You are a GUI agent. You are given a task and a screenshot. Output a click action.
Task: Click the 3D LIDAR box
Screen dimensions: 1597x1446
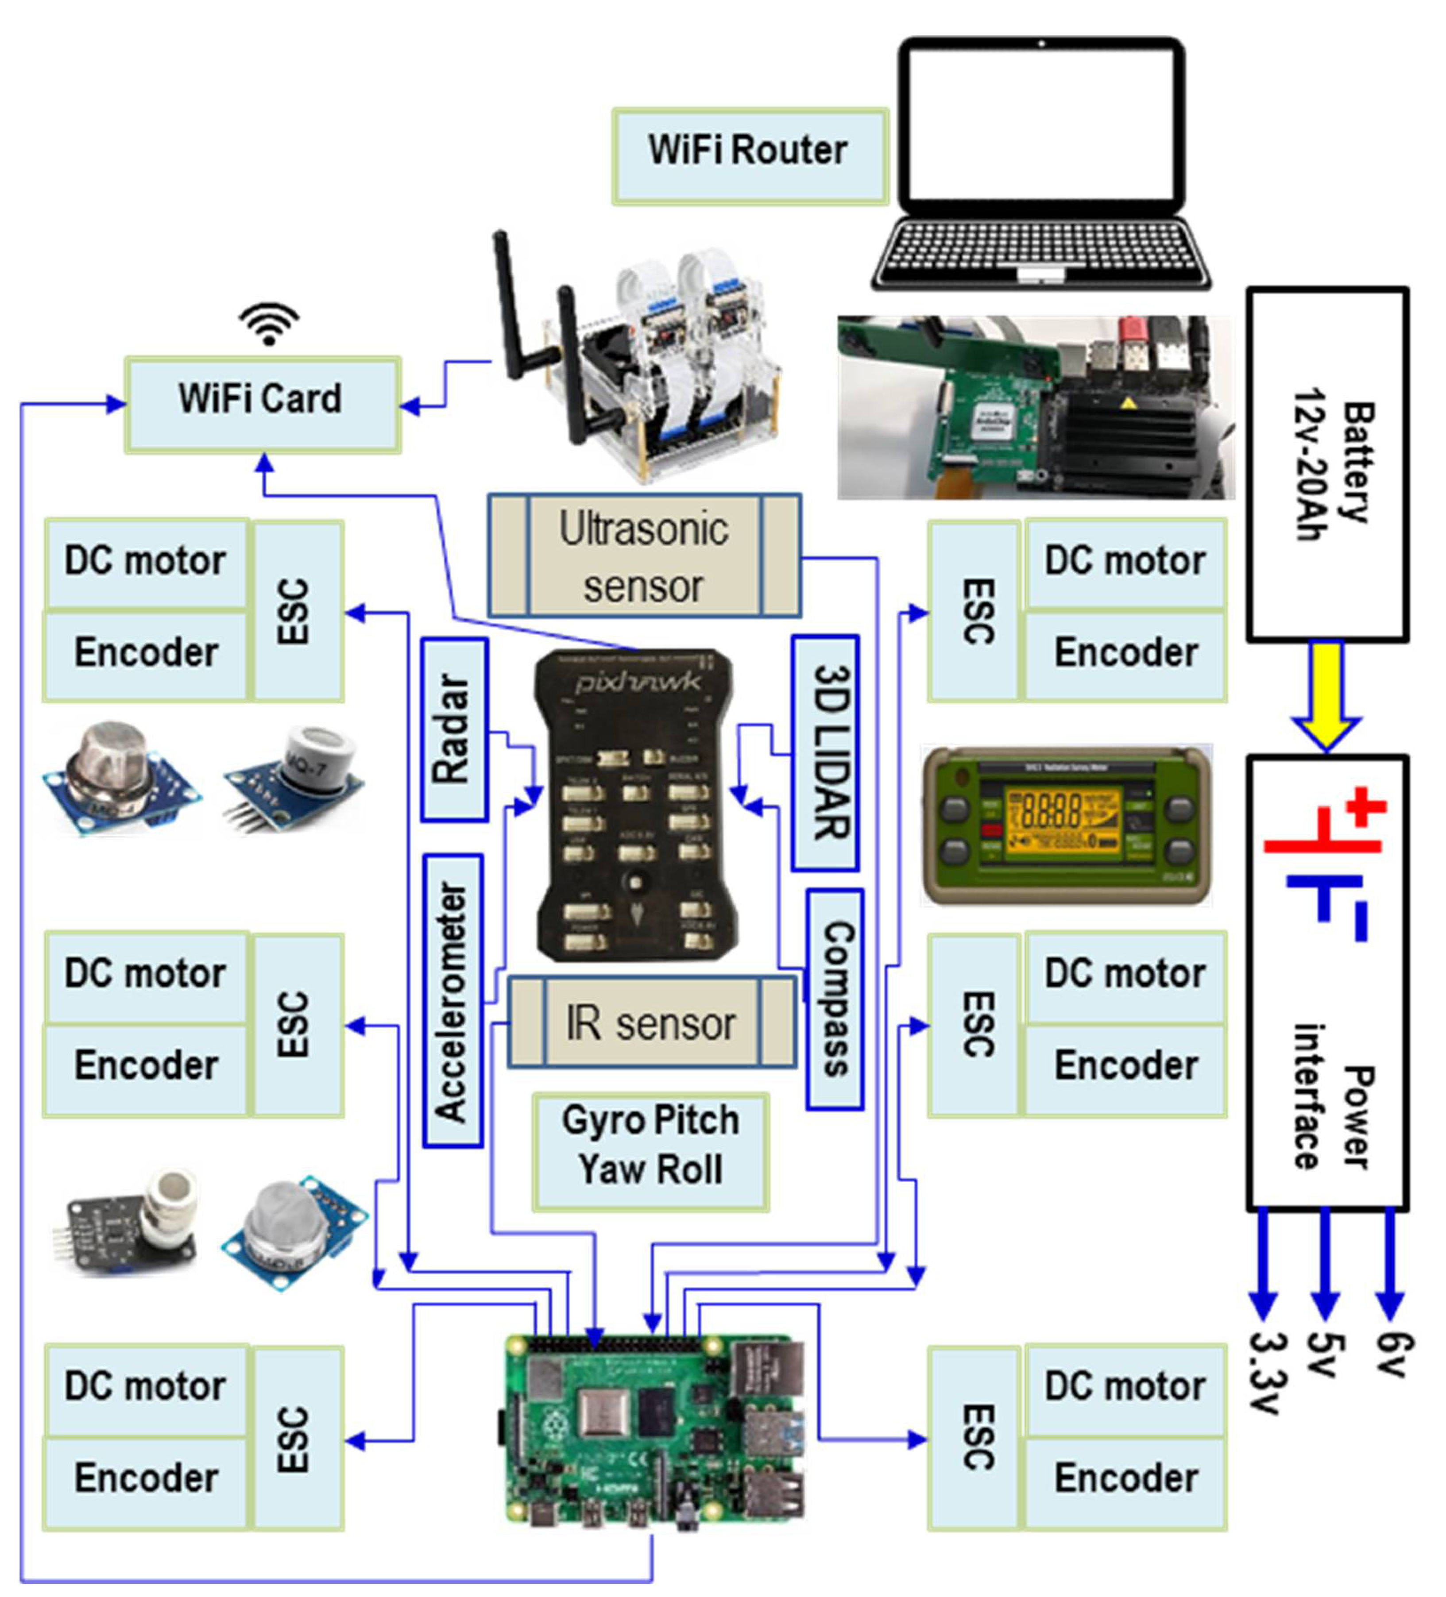point(824,752)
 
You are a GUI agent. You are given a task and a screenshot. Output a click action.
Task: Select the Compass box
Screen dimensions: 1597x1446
point(834,998)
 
